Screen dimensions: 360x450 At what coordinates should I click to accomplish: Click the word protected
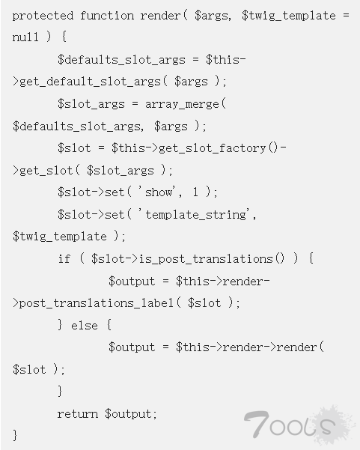[x=43, y=16]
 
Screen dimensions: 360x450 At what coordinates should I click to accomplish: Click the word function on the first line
[x=107, y=16]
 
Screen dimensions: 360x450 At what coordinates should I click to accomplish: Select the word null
[x=25, y=37]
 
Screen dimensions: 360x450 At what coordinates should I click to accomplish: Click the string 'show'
[x=159, y=192]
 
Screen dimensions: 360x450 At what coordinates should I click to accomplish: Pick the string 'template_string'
[x=196, y=215]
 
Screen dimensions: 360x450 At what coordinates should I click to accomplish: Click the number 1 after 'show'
[x=195, y=192]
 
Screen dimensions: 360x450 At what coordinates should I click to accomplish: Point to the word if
[x=64, y=258]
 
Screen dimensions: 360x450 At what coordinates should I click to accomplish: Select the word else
[x=85, y=326]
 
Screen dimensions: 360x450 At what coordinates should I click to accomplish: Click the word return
[x=77, y=414]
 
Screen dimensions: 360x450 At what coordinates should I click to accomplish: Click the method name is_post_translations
[x=206, y=259]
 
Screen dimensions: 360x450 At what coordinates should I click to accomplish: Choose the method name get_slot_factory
[x=213, y=148]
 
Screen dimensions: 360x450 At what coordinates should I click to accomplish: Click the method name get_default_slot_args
[x=90, y=82]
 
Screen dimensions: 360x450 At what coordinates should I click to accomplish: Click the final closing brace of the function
[x=15, y=435]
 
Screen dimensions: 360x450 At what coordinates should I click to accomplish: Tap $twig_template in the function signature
[x=289, y=16]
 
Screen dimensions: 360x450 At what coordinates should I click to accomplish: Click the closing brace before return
[x=60, y=391]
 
